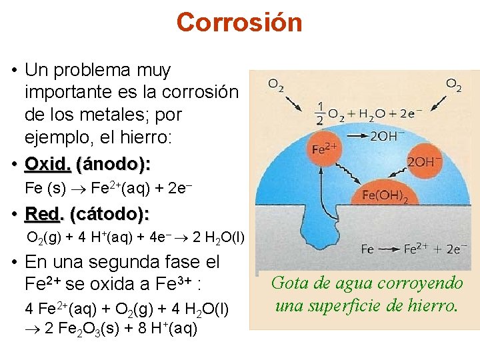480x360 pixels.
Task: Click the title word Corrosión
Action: [239, 22]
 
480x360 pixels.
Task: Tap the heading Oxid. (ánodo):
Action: [87, 164]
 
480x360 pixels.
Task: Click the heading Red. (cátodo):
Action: [87, 214]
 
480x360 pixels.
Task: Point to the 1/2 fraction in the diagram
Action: [320, 113]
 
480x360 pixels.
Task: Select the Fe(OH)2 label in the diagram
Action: [385, 195]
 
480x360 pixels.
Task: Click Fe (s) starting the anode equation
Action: [45, 188]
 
